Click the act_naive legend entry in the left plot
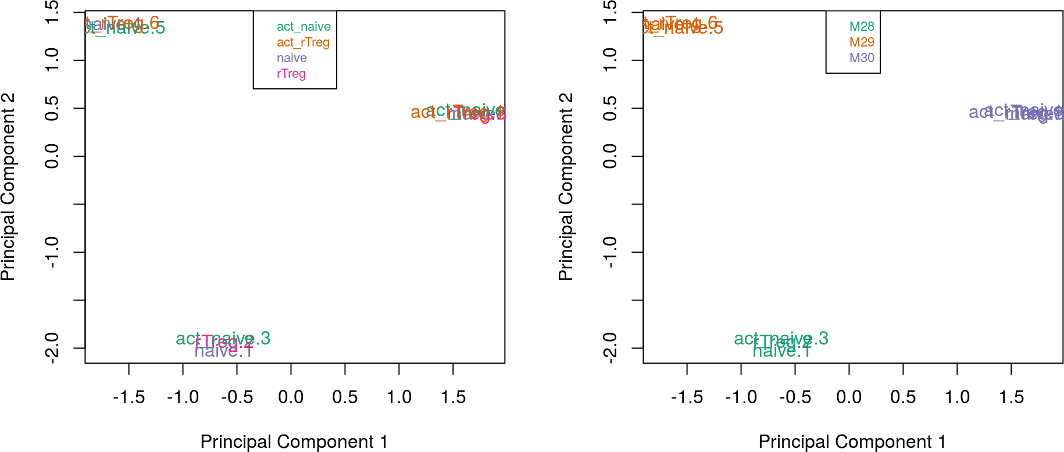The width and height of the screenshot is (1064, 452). [304, 27]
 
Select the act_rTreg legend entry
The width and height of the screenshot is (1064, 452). [303, 42]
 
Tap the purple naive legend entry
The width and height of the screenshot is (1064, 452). [291, 58]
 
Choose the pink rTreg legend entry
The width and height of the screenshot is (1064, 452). [291, 74]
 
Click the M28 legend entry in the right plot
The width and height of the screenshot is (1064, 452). [862, 27]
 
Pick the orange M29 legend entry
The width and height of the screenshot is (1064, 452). [862, 42]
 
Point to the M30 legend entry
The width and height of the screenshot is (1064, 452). [862, 58]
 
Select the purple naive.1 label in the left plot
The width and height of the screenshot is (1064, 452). [224, 351]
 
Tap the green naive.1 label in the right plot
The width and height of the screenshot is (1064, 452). [782, 351]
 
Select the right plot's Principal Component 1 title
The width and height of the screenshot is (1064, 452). [852, 442]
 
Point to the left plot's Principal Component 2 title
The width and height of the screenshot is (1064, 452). [8, 186]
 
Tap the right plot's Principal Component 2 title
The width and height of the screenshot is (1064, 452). [566, 186]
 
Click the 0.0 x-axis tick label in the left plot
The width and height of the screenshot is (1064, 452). [291, 397]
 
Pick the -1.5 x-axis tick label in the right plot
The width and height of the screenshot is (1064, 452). [687, 397]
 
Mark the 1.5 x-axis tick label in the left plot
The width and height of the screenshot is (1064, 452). [453, 397]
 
